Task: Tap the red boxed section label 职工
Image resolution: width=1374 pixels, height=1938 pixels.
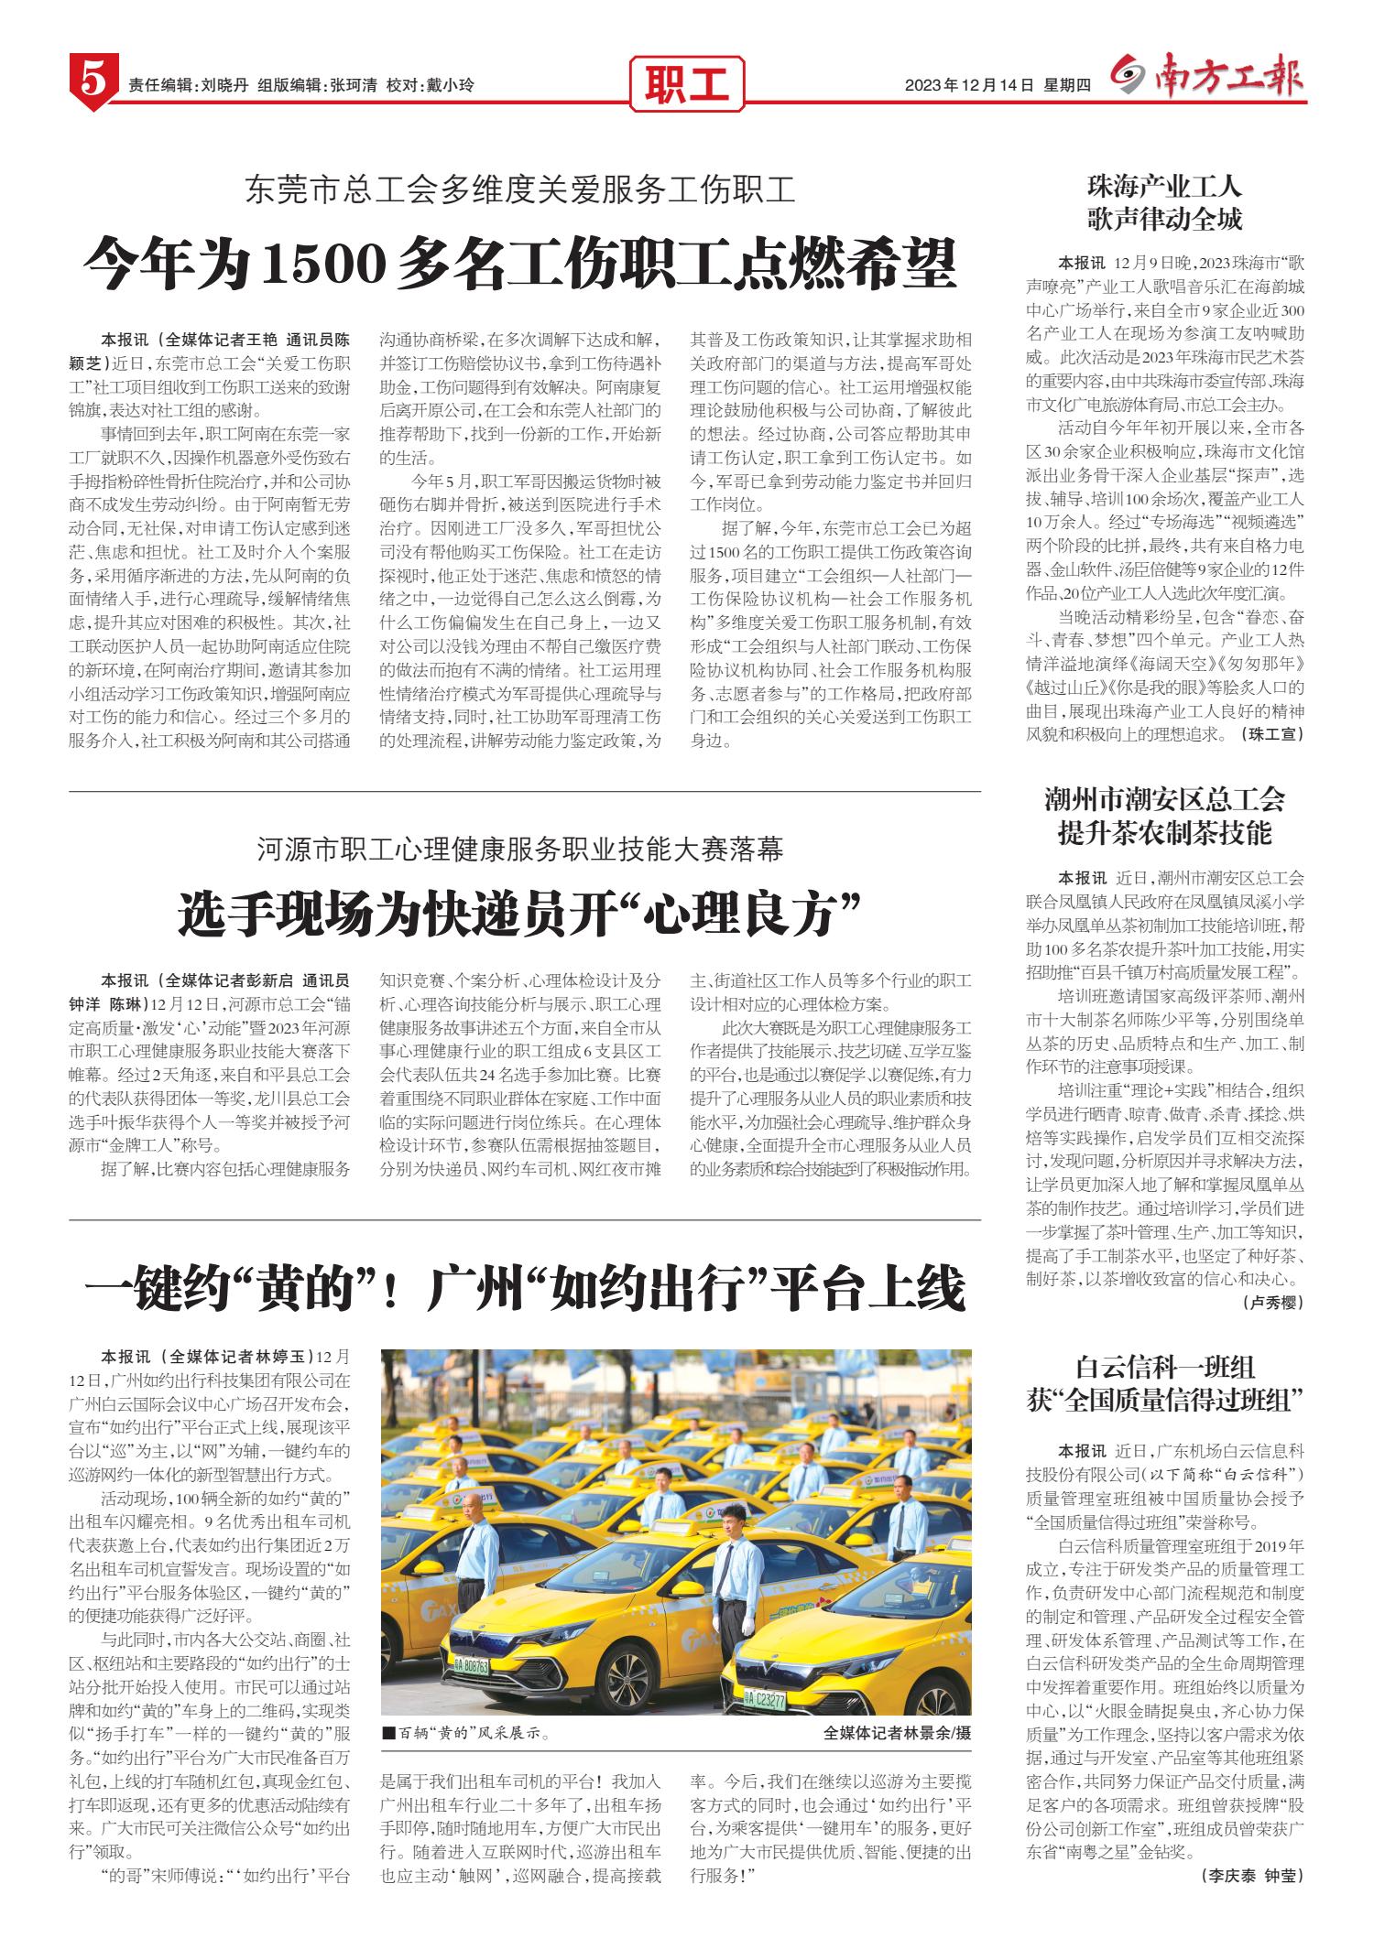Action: point(687,85)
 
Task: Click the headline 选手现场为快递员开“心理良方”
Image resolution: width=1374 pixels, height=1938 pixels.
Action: point(519,913)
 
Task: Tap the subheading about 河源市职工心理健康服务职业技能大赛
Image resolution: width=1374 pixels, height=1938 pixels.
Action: point(519,850)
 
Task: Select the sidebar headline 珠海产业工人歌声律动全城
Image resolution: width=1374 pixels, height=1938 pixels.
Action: point(1164,203)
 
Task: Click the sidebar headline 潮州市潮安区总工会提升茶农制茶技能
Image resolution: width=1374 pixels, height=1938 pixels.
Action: point(1164,816)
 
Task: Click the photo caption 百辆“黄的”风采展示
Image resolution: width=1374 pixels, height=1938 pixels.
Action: point(468,1707)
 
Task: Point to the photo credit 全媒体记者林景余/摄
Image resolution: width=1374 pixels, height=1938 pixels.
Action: point(897,1707)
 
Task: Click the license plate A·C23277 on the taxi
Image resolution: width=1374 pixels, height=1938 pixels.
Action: point(765,1674)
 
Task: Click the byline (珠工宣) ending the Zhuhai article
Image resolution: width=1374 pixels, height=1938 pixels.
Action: point(1270,733)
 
